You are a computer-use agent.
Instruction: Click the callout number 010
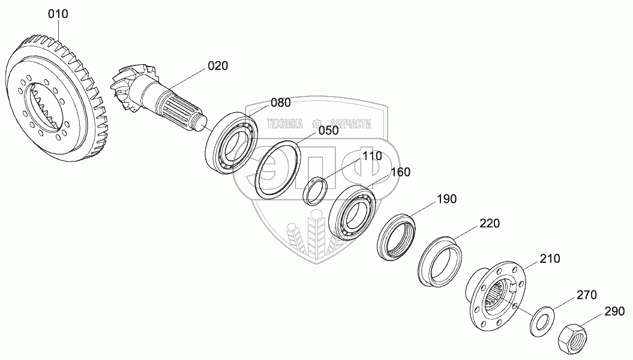tap(58, 13)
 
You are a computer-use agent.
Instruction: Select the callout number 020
tap(218, 66)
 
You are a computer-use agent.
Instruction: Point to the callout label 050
tap(328, 130)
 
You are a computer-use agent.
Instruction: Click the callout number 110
tap(371, 156)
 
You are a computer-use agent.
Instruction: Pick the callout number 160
tap(400, 172)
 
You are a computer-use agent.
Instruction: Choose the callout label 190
tap(446, 199)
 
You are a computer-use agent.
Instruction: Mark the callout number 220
tap(489, 224)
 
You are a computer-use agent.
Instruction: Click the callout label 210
tap(550, 259)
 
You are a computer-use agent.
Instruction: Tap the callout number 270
tap(587, 295)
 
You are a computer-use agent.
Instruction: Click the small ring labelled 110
tap(316, 190)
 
